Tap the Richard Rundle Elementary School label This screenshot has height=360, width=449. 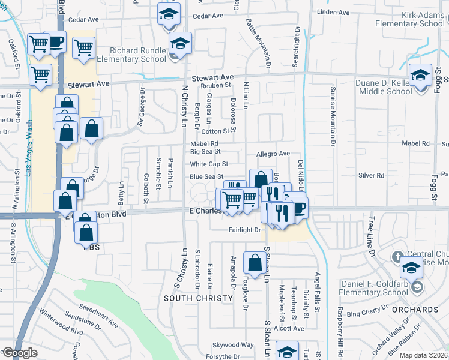pos(137,55)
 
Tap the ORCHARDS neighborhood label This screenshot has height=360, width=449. pos(414,310)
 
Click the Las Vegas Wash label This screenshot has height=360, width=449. pos(29,148)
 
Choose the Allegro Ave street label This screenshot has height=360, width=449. pos(273,154)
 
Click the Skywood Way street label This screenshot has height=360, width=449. pos(234,345)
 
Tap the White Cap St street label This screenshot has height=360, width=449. pos(209,164)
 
